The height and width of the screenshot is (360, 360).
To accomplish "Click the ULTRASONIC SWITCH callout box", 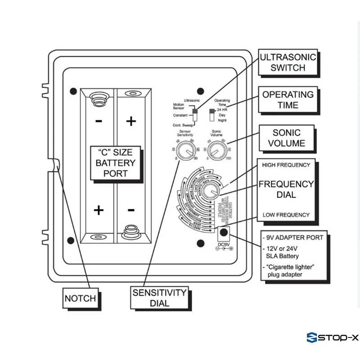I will point(288,63).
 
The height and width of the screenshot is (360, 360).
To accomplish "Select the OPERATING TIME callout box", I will point(288,99).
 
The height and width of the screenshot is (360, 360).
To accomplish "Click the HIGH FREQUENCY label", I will point(286,165).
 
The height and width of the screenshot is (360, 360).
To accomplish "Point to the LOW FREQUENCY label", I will point(286,215).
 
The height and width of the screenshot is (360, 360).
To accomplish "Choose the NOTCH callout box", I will point(80,298).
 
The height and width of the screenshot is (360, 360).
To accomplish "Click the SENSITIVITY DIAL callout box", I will point(159,297).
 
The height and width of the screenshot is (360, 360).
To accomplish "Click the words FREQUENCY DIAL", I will point(286,189).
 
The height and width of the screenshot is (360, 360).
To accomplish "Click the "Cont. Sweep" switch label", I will point(183,125).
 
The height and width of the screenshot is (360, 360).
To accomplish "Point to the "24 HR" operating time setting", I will point(222,109).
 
